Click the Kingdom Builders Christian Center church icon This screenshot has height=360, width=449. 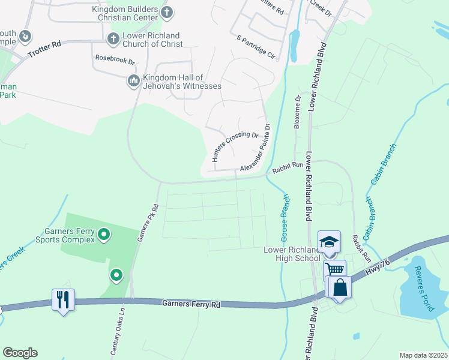[167, 12]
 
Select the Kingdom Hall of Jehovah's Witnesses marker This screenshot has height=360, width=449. [133, 80]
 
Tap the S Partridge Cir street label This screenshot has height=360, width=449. [256, 47]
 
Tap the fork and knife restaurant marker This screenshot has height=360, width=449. [63, 298]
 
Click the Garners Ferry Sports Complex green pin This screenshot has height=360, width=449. [104, 234]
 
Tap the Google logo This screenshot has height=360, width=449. [20, 353]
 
